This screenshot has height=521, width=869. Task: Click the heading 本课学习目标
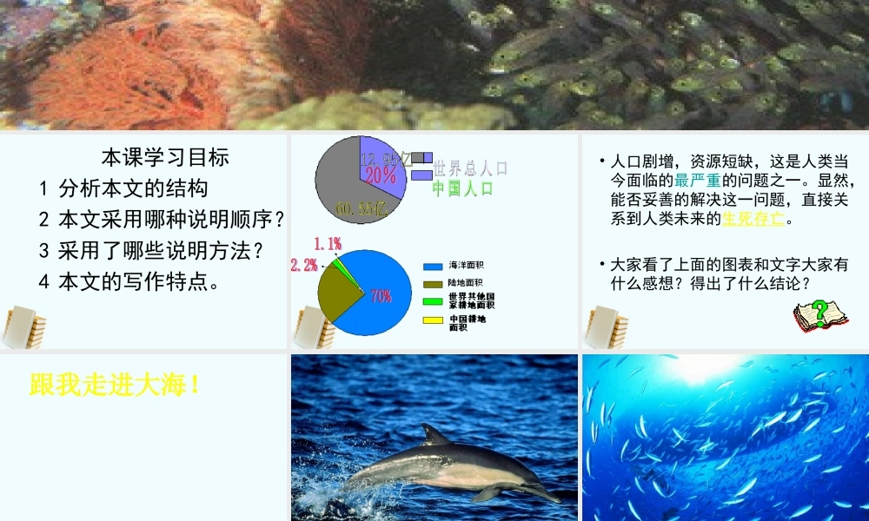tap(165, 157)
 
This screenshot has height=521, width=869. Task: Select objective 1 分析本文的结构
tap(124, 188)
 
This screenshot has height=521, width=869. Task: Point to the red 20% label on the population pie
tap(381, 175)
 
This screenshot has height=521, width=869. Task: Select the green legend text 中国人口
tap(462, 188)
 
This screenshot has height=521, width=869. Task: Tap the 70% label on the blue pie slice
tap(381, 295)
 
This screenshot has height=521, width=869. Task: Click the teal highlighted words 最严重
tap(697, 181)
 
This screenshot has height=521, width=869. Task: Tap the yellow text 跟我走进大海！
tap(116, 385)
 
